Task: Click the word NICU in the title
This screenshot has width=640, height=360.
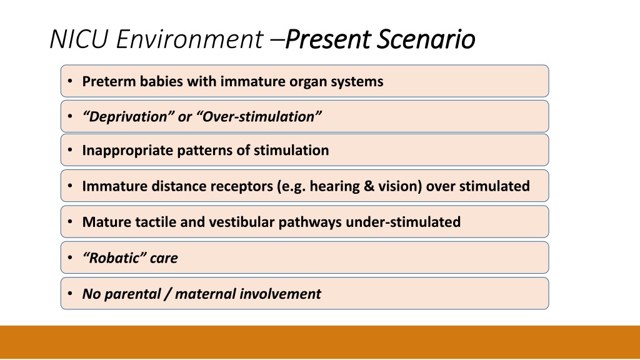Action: tap(79, 39)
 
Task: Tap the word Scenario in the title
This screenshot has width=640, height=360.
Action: tap(426, 39)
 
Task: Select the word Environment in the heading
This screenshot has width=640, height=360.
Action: tap(190, 39)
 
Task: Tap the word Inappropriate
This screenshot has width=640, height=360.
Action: tap(127, 151)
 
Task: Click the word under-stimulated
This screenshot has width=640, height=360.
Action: tap(403, 222)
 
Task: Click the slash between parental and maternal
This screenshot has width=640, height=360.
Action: tap(167, 294)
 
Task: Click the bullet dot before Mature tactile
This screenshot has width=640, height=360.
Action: tap(70, 222)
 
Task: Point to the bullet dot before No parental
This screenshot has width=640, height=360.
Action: tap(70, 294)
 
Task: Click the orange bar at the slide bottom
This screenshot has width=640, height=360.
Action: tap(320, 342)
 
